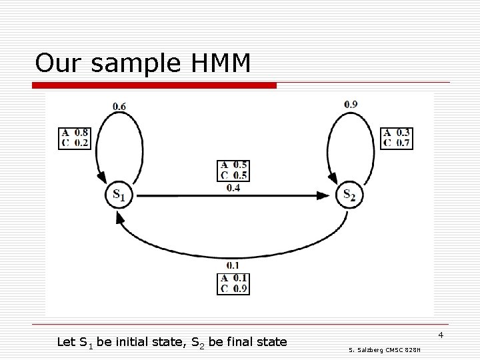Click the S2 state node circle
[349, 195]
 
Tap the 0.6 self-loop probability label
[119, 105]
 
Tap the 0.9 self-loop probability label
[351, 103]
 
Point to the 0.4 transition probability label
[233, 187]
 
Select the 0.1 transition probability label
[233, 265]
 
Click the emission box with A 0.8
[75, 137]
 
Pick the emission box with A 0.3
[397, 137]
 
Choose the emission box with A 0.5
[233, 170]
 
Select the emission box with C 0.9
[233, 283]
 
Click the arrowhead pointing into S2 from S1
[323, 195]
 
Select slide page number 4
[441, 333]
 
